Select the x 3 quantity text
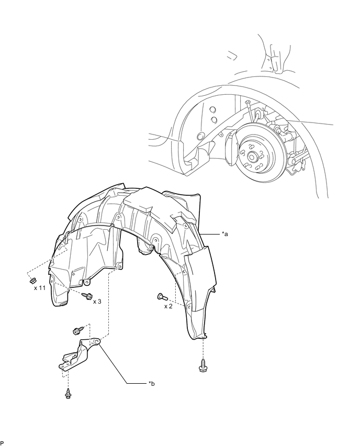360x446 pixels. point(98,302)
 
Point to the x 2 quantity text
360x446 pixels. point(168,306)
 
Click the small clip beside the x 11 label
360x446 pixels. point(30,280)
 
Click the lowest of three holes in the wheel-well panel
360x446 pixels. point(200,137)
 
